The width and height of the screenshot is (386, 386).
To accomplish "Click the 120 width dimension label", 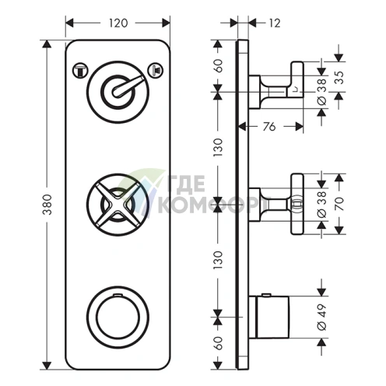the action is pyautogui.click(x=118, y=23).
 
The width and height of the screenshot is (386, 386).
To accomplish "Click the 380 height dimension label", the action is pyautogui.click(x=47, y=205).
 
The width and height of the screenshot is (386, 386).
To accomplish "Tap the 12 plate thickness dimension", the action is pyautogui.click(x=275, y=23).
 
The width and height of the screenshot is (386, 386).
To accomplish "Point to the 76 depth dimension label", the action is pyautogui.click(x=269, y=127).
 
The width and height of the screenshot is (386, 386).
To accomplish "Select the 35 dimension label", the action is pyautogui.click(x=339, y=77).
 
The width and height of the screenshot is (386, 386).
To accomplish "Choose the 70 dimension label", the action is pyautogui.click(x=339, y=204).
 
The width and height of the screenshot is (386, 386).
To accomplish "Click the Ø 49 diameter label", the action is pyautogui.click(x=322, y=317).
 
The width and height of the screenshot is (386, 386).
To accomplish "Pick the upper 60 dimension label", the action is pyautogui.click(x=219, y=66).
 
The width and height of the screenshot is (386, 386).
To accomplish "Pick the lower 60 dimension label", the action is pyautogui.click(x=219, y=343).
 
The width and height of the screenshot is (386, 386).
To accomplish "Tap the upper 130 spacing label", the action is pyautogui.click(x=219, y=147).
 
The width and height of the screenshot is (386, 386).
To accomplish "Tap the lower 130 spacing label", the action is pyautogui.click(x=219, y=260).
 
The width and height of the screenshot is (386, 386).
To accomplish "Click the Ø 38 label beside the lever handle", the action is pyautogui.click(x=322, y=92).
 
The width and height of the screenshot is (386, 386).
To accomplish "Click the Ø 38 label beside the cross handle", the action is pyautogui.click(x=322, y=205).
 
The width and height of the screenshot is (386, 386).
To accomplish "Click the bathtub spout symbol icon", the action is pyautogui.click(x=80, y=71).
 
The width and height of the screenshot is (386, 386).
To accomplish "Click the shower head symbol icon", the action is pyautogui.click(x=156, y=70).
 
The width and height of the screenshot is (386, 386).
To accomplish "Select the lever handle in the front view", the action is pyautogui.click(x=127, y=86).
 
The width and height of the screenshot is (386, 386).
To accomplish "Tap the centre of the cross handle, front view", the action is pyautogui.click(x=118, y=205).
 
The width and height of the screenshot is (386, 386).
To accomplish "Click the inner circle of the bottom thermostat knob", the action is pyautogui.click(x=118, y=318).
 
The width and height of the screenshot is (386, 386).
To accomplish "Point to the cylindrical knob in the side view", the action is pyautogui.click(x=272, y=317).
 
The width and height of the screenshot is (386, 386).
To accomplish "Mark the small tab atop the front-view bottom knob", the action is pyautogui.click(x=118, y=295).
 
